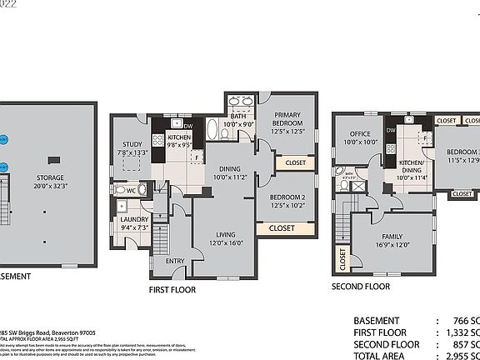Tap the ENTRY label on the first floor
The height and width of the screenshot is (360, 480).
pos(175,261)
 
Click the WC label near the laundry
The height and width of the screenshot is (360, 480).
pos(130,190)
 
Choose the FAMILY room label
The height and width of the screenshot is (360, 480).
pos(391,237)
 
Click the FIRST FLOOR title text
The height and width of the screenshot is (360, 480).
pos(172,290)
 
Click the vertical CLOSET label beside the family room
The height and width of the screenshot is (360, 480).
pos(342,259)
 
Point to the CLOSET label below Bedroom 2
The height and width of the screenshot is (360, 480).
pos(282,227)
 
